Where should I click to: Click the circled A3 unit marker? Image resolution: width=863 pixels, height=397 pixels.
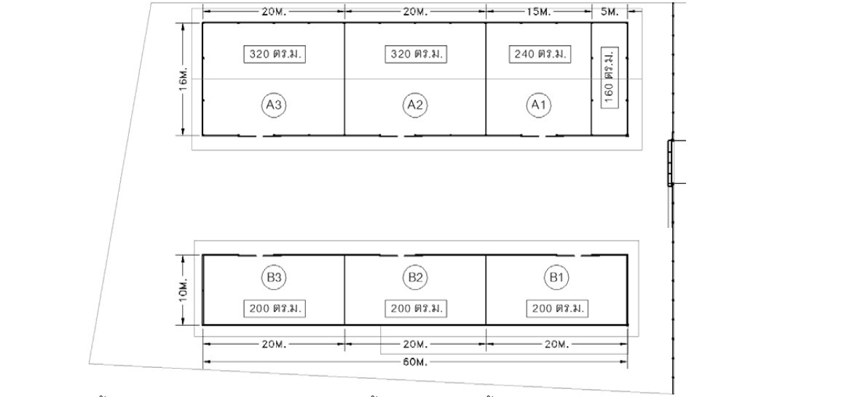coord(274,105)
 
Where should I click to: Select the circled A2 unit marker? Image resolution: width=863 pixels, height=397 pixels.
coord(415,105)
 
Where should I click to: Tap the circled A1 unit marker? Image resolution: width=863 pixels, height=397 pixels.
coord(539,105)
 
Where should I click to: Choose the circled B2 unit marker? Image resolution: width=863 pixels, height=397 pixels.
coord(415,278)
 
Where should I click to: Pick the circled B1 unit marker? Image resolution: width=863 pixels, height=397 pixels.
coord(556,278)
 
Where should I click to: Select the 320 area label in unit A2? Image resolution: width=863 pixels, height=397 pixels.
coord(416,55)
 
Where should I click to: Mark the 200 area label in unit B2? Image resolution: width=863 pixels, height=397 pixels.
coord(416,308)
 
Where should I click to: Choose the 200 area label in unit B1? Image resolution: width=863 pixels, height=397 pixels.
coord(557,308)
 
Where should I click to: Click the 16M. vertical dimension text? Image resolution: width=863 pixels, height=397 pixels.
coord(184,79)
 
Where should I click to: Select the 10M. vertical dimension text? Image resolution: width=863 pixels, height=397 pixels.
coord(184,290)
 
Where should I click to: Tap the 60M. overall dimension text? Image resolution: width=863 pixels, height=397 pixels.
coord(416,361)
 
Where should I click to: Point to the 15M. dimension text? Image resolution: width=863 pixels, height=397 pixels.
coord(538,12)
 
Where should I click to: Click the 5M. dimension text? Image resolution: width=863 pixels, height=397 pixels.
coord(610,12)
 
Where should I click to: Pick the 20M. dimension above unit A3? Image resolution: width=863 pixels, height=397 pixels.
coord(274,12)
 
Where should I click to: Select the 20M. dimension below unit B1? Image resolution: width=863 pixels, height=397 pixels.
coord(556,345)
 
